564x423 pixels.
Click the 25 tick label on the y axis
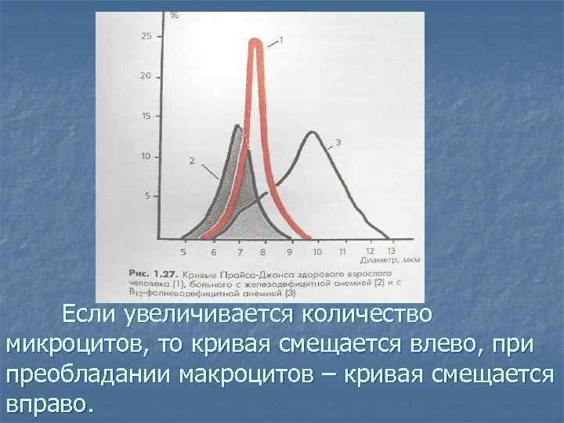tap(146, 36)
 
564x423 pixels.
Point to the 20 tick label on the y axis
tap(146, 76)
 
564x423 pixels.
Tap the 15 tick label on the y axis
tap(146, 116)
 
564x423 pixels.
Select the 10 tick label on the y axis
tap(146, 156)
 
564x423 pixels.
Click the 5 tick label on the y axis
tap(148, 196)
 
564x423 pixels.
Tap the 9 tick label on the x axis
tap(289, 252)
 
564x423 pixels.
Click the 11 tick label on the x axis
tap(342, 252)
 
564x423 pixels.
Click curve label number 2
tap(191, 160)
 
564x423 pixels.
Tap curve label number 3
tap(338, 143)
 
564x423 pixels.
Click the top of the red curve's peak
tap(254, 41)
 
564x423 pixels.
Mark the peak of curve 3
tap(312, 132)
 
